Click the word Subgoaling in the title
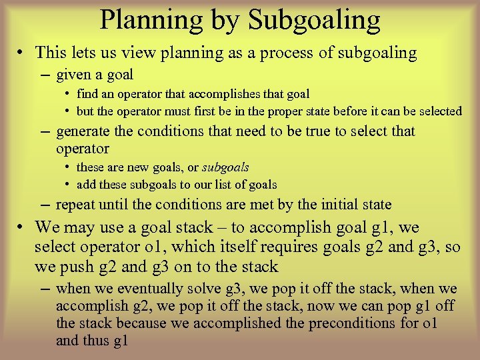(x=314, y=20)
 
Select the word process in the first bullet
(x=304, y=53)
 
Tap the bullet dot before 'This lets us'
(x=23, y=53)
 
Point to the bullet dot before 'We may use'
(x=23, y=227)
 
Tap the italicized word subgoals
(x=226, y=167)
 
